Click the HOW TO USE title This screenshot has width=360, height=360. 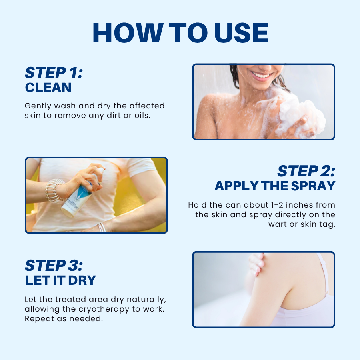(180, 33)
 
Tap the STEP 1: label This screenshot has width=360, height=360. (54, 73)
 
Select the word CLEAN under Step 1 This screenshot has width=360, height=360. (48, 88)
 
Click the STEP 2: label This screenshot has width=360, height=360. (306, 171)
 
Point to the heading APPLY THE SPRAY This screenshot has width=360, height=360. (275, 186)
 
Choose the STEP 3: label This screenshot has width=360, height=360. (54, 265)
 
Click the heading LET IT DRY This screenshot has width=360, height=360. (60, 280)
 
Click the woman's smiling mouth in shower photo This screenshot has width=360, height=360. (262, 74)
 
